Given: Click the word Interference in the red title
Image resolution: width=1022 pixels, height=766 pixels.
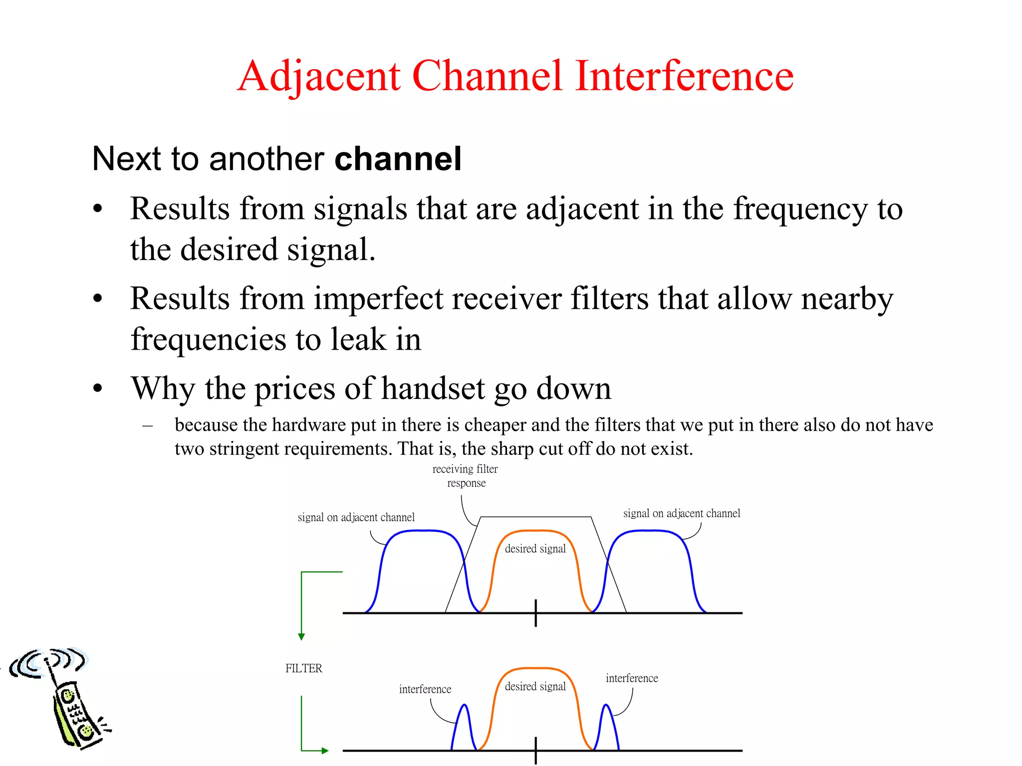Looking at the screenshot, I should [684, 76].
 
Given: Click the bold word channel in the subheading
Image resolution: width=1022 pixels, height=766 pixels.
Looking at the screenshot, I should [398, 159].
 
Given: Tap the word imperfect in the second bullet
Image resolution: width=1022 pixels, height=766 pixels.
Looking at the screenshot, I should [378, 299].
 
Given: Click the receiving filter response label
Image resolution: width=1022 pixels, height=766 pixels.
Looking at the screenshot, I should [465, 476].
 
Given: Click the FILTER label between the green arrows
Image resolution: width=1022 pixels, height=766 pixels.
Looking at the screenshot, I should [303, 668].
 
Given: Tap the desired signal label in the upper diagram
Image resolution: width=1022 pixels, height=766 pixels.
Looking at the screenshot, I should [535, 549].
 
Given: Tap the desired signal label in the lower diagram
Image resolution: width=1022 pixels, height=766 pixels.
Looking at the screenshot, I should [535, 686].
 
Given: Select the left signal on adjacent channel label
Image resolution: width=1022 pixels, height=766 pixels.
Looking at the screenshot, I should [356, 517].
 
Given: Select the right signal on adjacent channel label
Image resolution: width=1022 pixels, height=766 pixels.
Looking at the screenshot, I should [681, 513].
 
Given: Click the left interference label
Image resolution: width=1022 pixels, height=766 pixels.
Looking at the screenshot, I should [425, 689].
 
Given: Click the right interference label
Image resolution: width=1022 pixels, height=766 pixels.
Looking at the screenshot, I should [631, 678].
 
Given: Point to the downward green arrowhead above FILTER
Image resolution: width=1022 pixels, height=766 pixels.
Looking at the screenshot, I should [301, 637].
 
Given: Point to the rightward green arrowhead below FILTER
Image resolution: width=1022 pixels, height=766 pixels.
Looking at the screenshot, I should [325, 751].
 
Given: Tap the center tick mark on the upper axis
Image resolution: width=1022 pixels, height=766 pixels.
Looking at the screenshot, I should [535, 613].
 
